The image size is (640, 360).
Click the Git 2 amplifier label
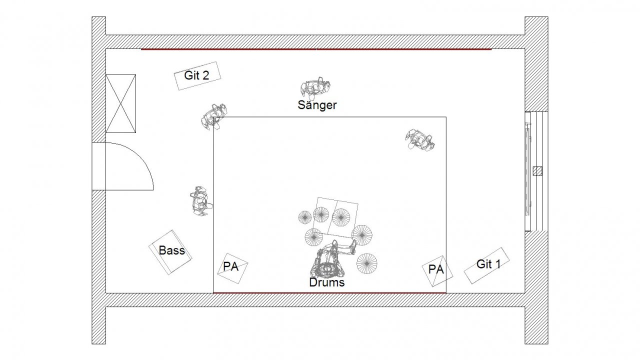click(196, 75)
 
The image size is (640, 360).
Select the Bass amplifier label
click(171, 250)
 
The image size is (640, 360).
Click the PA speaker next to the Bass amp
click(231, 266)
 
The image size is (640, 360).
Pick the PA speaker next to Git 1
click(436, 269)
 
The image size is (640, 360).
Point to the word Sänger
click(317, 105)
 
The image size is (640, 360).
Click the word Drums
click(327, 282)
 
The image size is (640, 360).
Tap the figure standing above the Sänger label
click(315, 87)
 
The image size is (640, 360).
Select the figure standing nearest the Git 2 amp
click(213, 116)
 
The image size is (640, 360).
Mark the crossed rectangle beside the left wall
click(120, 103)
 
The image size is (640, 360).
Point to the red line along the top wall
click(316, 49)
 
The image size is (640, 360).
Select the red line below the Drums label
click(329, 292)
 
